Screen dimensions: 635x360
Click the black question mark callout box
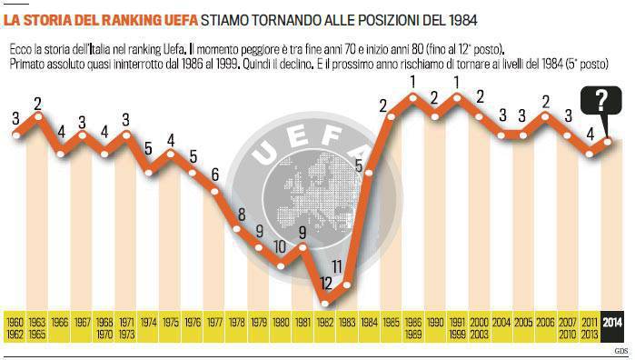point(601,101)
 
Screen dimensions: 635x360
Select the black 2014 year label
point(611,323)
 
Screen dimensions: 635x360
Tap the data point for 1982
point(324,303)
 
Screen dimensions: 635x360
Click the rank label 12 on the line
point(326,284)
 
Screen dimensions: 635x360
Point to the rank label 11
point(337,266)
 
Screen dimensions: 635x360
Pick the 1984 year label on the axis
point(369,323)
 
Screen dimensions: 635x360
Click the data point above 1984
point(369,173)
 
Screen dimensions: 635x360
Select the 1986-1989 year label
point(413,328)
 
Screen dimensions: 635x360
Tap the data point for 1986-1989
point(412,97)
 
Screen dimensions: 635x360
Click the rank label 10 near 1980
point(280,247)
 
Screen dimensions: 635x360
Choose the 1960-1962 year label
point(15,328)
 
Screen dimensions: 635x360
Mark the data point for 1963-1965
point(38,116)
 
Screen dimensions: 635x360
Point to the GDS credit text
point(620,351)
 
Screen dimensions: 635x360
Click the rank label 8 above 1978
point(242,215)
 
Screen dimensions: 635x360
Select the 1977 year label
point(214,323)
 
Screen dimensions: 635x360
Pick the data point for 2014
point(608,141)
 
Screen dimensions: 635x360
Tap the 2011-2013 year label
point(590,328)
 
